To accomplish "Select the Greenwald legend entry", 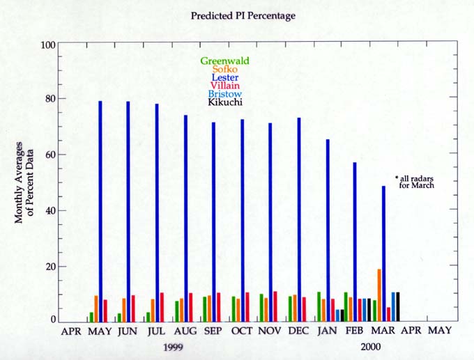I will tap(220, 61).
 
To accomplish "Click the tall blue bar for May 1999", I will tap(100, 209).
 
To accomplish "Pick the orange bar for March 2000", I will tap(379, 295).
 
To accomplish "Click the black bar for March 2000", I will tap(398, 306).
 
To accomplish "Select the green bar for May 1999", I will tap(91, 317).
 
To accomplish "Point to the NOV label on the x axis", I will tap(270, 330).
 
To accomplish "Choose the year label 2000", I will tap(371, 346).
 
